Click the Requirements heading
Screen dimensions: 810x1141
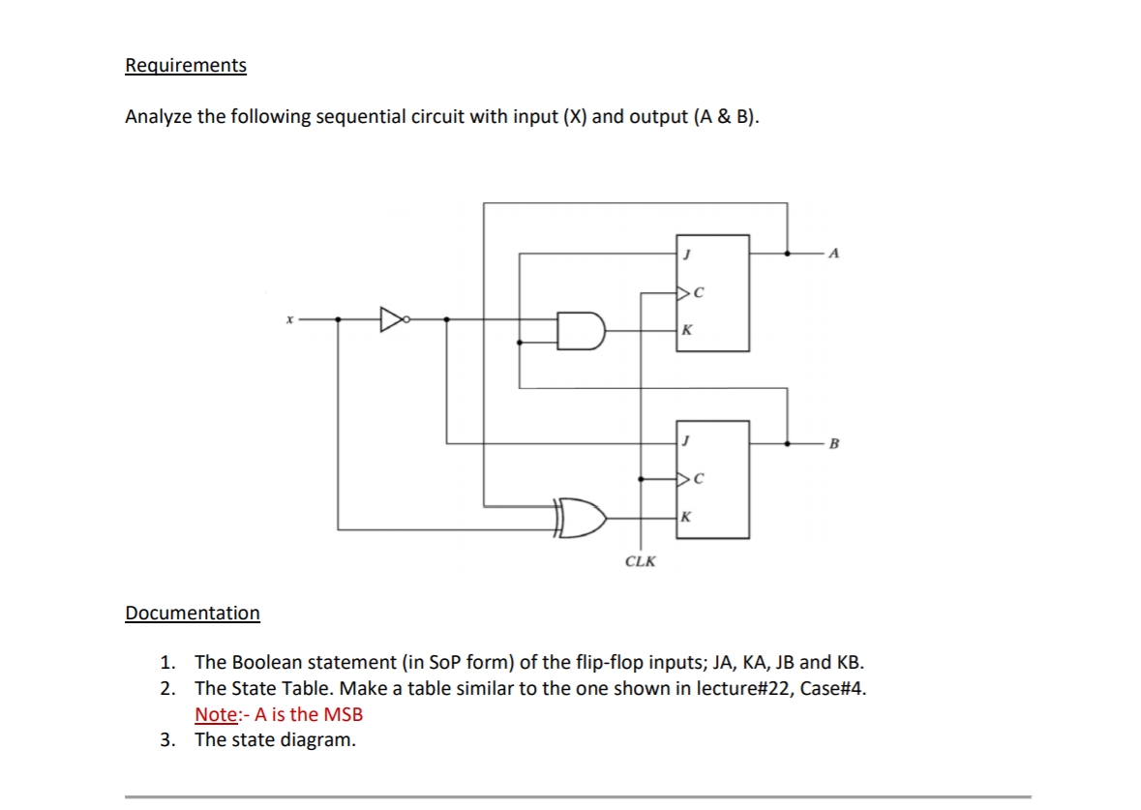click(x=186, y=65)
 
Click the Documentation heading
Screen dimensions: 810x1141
click(x=193, y=613)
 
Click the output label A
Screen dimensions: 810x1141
click(x=835, y=255)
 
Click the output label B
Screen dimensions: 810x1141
click(x=835, y=444)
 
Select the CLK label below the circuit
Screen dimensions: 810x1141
click(x=639, y=561)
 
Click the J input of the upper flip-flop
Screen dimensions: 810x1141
click(x=686, y=254)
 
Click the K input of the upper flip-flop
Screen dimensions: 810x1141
click(x=686, y=331)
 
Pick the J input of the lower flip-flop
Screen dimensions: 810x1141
click(x=686, y=441)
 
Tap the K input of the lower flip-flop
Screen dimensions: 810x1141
click(x=686, y=518)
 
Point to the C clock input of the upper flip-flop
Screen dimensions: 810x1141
click(x=695, y=290)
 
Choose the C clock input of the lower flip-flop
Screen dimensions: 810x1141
click(x=695, y=478)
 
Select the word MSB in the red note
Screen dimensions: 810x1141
click(x=343, y=715)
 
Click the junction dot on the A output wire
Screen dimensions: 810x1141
click(x=788, y=254)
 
